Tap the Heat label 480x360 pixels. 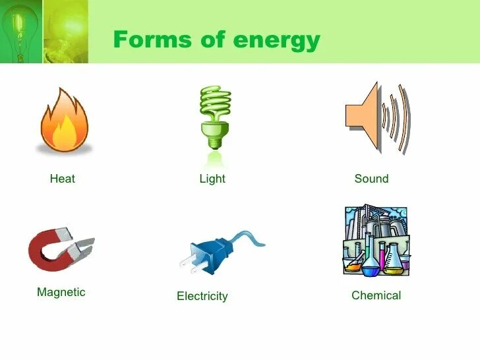coord(63,179)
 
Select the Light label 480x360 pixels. coord(212,179)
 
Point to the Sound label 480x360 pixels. coord(371,179)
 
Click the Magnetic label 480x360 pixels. coord(61,292)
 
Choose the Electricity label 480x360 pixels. coord(202,297)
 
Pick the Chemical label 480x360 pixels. coord(376,295)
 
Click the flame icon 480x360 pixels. coord(64,123)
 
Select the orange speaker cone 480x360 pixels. coord(364,117)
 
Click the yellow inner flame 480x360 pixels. coord(65,135)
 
